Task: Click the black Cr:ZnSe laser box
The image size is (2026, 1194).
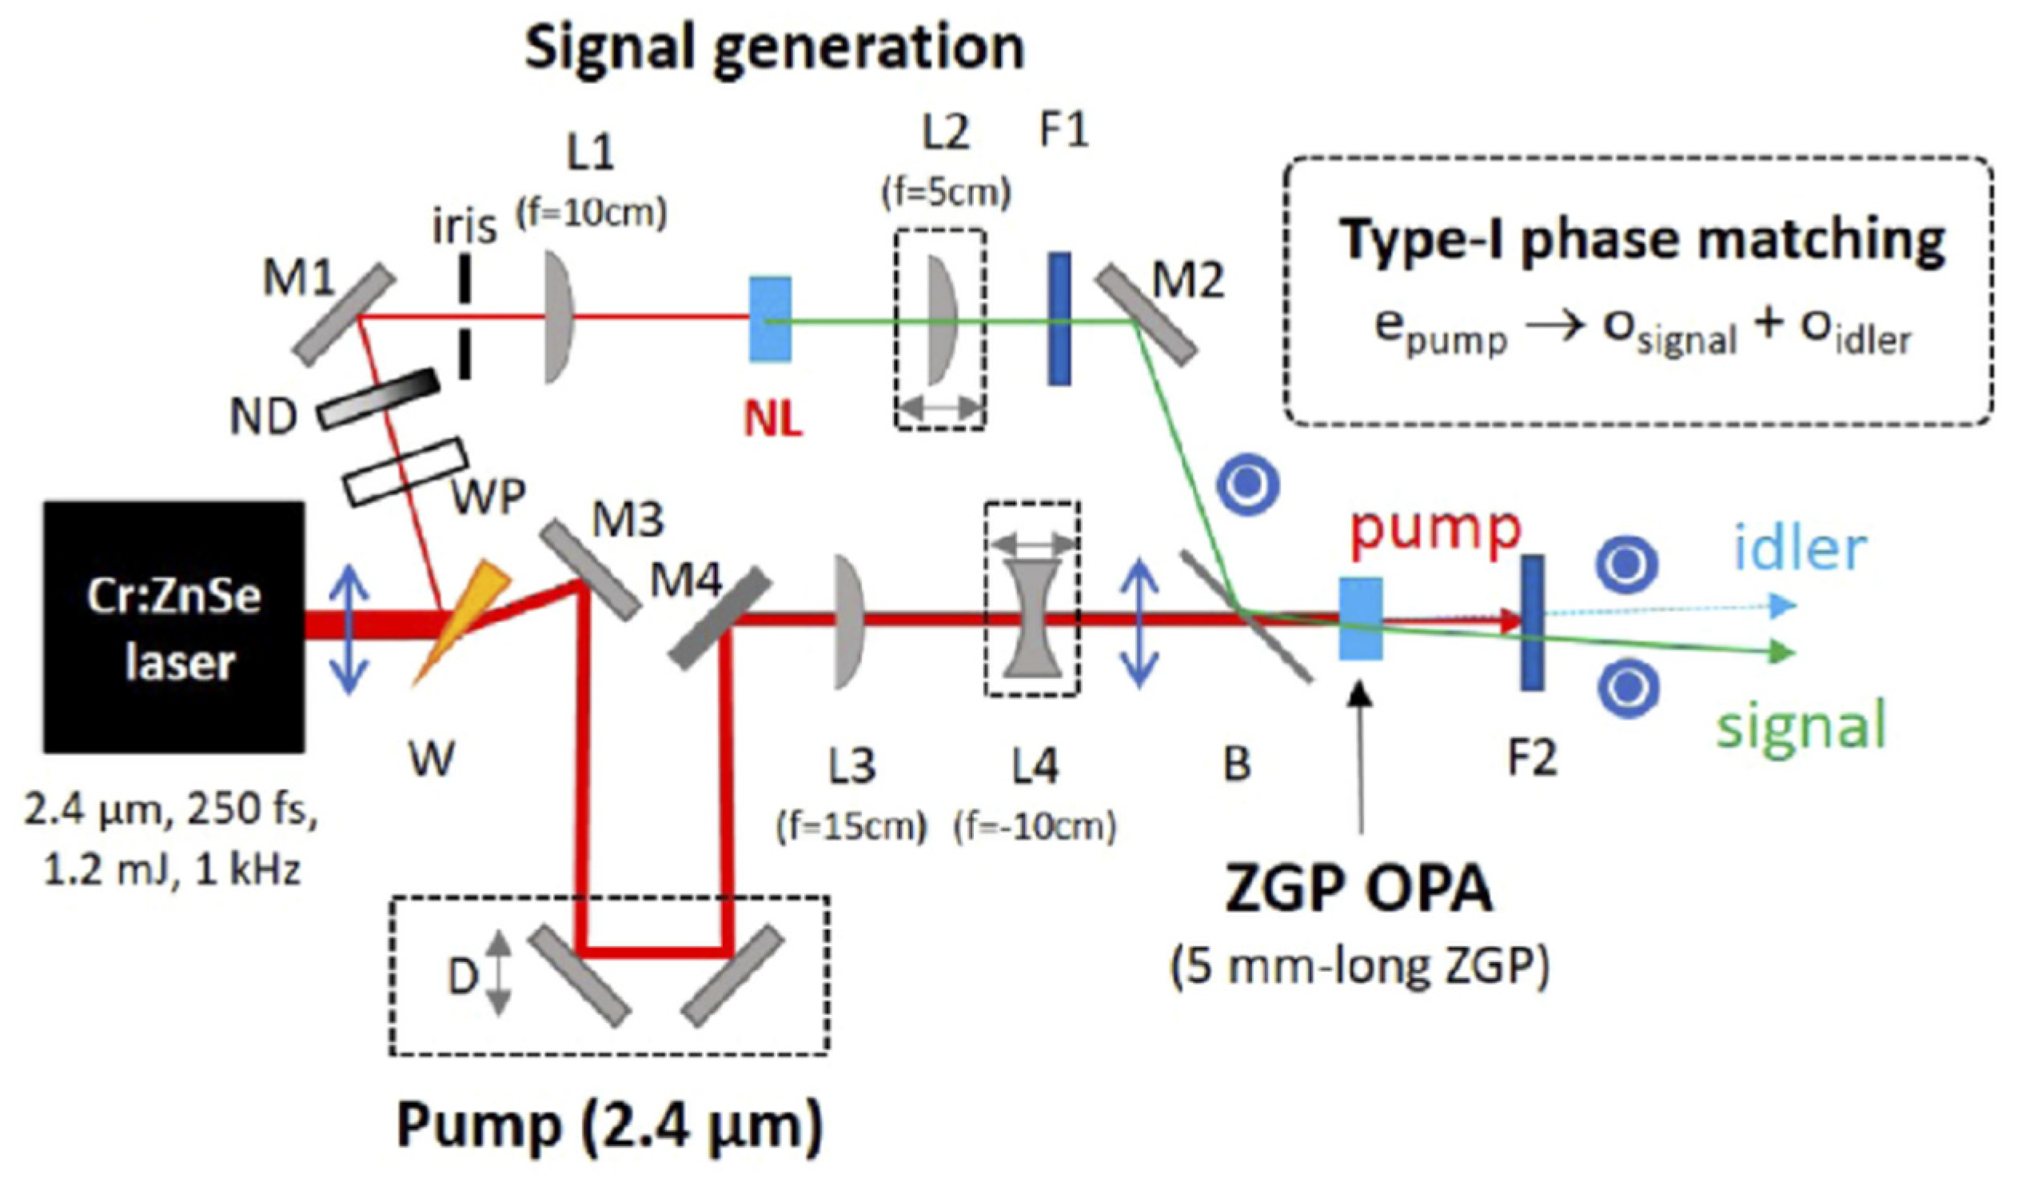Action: [173, 627]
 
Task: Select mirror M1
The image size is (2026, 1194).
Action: [344, 316]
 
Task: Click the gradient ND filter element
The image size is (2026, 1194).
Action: [378, 398]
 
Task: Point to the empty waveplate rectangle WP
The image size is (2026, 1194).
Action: [405, 473]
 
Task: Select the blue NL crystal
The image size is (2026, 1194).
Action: [770, 319]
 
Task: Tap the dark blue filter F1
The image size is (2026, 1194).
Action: [1059, 318]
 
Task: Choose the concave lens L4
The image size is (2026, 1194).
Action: [1033, 619]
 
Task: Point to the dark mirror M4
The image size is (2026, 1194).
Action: [720, 619]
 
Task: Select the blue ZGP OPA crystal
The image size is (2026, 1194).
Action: [1360, 619]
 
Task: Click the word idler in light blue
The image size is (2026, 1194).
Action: [1800, 549]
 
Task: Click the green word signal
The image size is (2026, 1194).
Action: [1801, 724]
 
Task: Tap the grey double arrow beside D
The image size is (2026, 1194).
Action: [500, 972]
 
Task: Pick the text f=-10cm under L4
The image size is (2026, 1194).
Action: [1035, 827]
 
